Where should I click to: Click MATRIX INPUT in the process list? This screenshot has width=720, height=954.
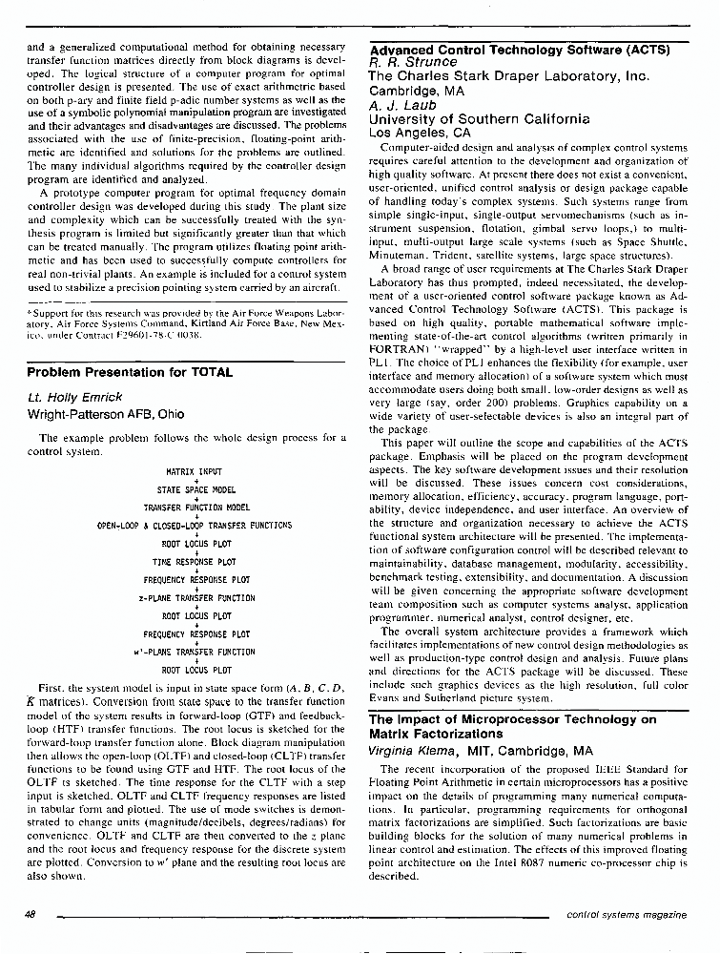(195, 471)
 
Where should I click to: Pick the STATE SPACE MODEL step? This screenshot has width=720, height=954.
(195, 489)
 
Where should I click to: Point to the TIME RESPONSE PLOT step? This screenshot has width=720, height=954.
(195, 562)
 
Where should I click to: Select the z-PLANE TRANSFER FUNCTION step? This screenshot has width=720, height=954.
(196, 598)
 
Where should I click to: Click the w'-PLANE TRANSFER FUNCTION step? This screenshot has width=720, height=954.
(195, 653)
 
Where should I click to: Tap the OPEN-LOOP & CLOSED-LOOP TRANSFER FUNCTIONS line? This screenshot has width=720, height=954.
(195, 526)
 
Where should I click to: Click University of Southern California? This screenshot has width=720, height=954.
(479, 119)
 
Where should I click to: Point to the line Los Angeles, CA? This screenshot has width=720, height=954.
(420, 134)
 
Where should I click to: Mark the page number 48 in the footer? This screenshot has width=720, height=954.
(30, 914)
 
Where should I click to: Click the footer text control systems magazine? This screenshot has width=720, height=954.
(626, 914)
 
